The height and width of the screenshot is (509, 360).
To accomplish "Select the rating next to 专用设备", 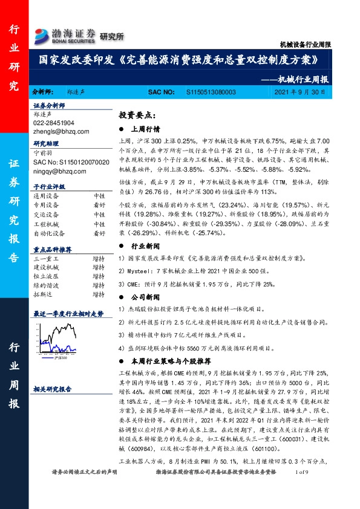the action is coord(99,204).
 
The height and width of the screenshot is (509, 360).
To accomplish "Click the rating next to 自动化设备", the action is coord(99,233).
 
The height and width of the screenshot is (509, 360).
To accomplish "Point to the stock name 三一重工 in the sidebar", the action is coord(46,258).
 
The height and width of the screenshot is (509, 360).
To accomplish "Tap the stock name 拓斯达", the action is coord(42,294).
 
